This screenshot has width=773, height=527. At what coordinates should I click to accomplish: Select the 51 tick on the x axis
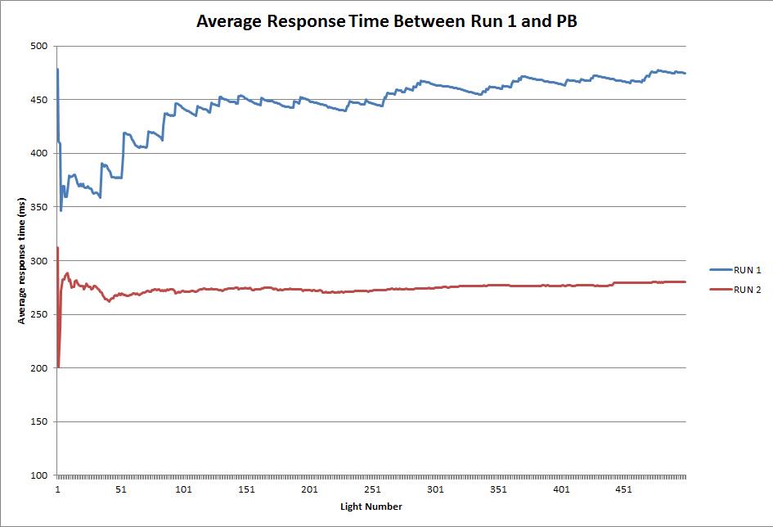click(x=120, y=490)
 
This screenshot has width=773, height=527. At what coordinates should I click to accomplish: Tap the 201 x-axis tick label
click(x=309, y=490)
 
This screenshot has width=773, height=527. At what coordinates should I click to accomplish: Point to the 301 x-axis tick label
click(x=435, y=490)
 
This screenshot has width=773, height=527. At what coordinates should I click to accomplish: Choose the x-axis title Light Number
click(x=371, y=507)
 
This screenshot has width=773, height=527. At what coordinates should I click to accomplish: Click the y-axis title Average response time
click(x=22, y=261)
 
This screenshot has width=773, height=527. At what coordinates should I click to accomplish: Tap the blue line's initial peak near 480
click(x=57, y=70)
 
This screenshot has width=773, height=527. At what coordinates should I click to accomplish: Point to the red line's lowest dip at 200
click(x=58, y=367)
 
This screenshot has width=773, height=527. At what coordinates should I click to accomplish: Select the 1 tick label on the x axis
click(x=57, y=490)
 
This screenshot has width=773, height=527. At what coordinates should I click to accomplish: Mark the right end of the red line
click(x=685, y=282)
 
